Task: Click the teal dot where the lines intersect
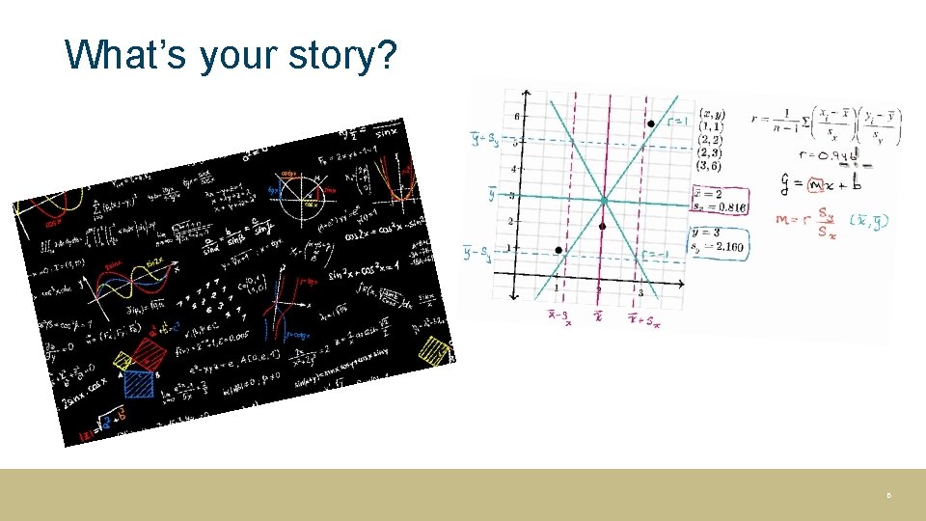[x=604, y=201]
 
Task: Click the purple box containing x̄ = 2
[x=720, y=201]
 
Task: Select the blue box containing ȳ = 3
[x=720, y=240]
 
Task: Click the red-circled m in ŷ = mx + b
[x=816, y=183]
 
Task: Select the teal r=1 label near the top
[x=678, y=122]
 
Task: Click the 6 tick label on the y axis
[x=516, y=116]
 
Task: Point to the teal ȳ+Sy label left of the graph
[x=484, y=140]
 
